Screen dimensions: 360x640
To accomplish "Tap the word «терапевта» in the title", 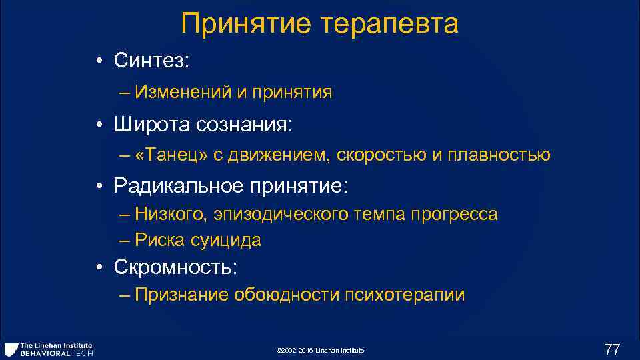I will coord(389,25).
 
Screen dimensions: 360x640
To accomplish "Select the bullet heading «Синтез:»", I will coord(152,61).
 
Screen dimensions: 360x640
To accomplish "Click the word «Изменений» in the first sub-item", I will coord(182,92).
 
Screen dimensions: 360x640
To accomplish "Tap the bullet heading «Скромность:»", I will coord(176,267).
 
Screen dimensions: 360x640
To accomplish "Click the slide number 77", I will coord(611,349).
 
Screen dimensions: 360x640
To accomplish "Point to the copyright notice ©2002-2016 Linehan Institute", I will coord(319,351).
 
